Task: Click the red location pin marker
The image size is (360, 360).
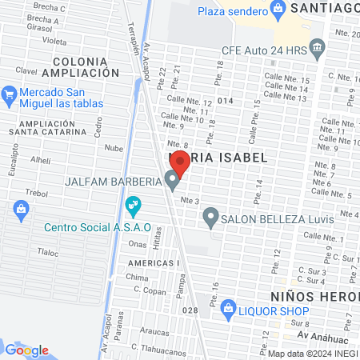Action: [x=180, y=165]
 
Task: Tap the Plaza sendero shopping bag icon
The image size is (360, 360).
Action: [x=278, y=9]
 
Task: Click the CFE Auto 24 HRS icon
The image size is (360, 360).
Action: [x=318, y=48]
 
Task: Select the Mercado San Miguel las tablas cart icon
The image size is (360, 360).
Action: [x=10, y=94]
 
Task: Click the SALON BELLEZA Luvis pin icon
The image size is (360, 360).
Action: [x=210, y=216]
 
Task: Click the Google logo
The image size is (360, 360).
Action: [x=26, y=350]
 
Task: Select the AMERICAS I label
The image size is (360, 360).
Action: [x=150, y=263]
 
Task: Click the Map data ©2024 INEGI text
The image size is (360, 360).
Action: [x=312, y=354]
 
